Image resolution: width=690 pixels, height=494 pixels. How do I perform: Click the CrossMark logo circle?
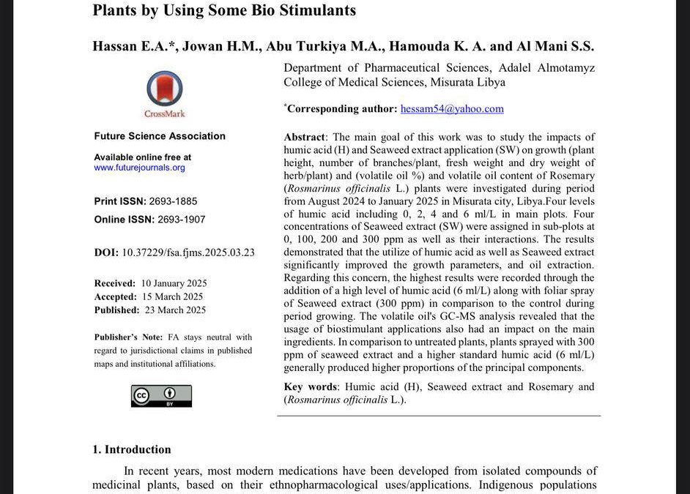tap(164, 89)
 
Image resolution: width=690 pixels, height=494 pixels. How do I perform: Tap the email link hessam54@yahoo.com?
tap(452, 109)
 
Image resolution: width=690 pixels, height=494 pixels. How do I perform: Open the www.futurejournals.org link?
tap(139, 168)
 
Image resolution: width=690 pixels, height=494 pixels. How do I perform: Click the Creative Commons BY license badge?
tap(161, 396)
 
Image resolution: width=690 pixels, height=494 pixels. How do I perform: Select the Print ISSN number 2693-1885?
tap(174, 201)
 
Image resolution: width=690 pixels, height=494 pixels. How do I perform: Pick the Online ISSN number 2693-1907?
tap(178, 220)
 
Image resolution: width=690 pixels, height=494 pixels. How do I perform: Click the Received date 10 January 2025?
tap(174, 283)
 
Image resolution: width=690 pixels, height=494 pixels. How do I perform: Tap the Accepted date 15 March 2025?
tap(173, 296)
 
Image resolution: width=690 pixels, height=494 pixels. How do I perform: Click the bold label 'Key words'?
tap(311, 386)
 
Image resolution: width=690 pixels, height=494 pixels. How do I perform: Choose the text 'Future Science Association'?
tap(160, 136)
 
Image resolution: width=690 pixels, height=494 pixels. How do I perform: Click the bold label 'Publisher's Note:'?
tap(125, 337)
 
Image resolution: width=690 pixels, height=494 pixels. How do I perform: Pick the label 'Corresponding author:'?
tap(341, 109)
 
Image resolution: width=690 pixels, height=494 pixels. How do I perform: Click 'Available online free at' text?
tap(143, 157)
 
